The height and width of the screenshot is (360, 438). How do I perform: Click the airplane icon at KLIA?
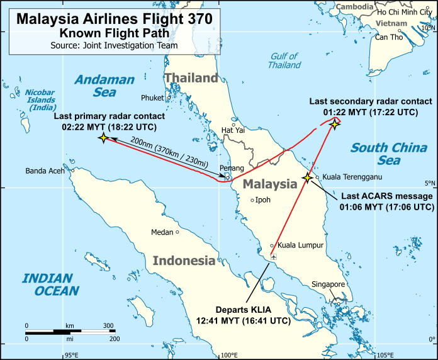click(x=273, y=257)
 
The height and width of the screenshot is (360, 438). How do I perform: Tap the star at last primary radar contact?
click(x=103, y=137)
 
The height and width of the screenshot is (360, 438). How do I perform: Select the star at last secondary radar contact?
click(x=335, y=124)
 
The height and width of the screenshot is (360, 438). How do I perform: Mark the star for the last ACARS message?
click(x=308, y=178)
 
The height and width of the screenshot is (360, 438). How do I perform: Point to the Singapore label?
click(x=328, y=284)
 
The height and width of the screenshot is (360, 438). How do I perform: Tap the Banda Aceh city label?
click(x=45, y=171)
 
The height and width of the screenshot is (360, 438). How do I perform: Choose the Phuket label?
click(x=152, y=98)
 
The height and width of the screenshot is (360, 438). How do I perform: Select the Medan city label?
click(x=162, y=232)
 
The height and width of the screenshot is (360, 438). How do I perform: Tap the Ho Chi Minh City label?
click(x=405, y=12)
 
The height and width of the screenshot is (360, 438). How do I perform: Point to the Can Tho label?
click(x=388, y=37)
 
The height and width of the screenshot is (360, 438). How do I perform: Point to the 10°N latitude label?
click(x=429, y=28)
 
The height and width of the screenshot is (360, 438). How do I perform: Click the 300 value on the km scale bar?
click(x=108, y=325)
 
